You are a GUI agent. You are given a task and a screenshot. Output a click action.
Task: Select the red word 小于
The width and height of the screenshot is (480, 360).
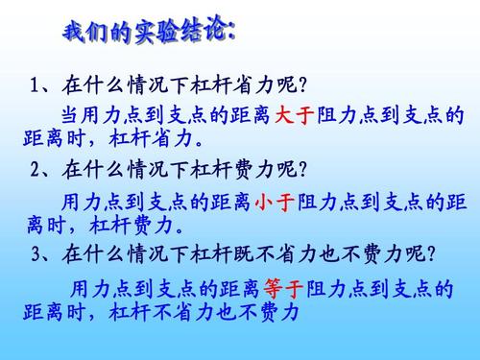pyautogui.click(x=276, y=204)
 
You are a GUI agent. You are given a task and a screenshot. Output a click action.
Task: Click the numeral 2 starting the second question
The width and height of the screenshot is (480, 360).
pyautogui.click(x=36, y=171)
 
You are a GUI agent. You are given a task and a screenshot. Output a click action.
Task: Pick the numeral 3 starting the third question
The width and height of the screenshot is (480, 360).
pyautogui.click(x=36, y=255)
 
